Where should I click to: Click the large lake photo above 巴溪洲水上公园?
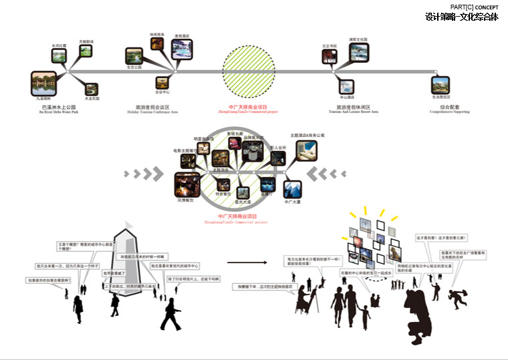point(43,83)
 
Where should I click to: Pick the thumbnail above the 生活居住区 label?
point(440,83)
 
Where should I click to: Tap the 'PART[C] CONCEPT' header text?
point(475,7)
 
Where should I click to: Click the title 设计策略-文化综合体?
point(461,17)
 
